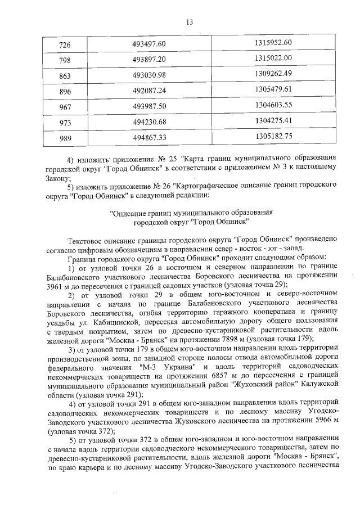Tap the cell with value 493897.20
(150, 59)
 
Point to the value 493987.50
(150, 105)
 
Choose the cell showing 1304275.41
(273, 120)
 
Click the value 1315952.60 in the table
(273, 43)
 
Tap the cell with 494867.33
(150, 136)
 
